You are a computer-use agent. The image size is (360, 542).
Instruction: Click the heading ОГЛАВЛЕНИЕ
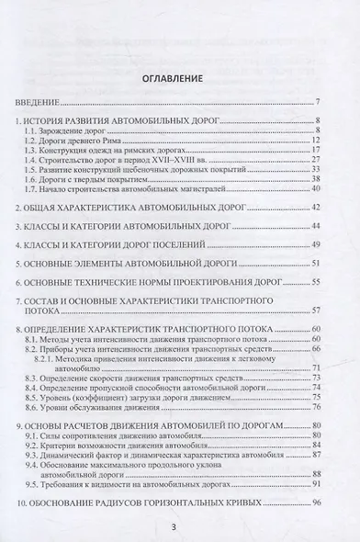180,79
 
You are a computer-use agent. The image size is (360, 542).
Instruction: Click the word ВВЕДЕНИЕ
41,101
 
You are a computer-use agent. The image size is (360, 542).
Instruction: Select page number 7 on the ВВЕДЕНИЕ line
316,101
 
